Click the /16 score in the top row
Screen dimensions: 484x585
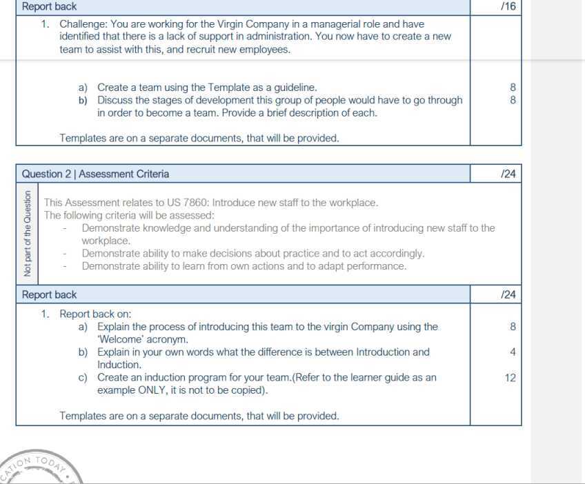point(508,6)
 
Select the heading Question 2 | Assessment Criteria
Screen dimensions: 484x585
point(95,174)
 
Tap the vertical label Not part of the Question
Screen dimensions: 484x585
point(28,233)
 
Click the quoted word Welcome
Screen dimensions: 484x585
point(121,339)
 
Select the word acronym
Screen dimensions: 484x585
point(168,339)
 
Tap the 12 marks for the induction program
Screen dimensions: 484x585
point(509,378)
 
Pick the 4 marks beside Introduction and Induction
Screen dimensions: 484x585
point(513,352)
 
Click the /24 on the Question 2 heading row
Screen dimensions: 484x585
point(508,174)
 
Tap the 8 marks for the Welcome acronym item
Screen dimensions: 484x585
point(513,327)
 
